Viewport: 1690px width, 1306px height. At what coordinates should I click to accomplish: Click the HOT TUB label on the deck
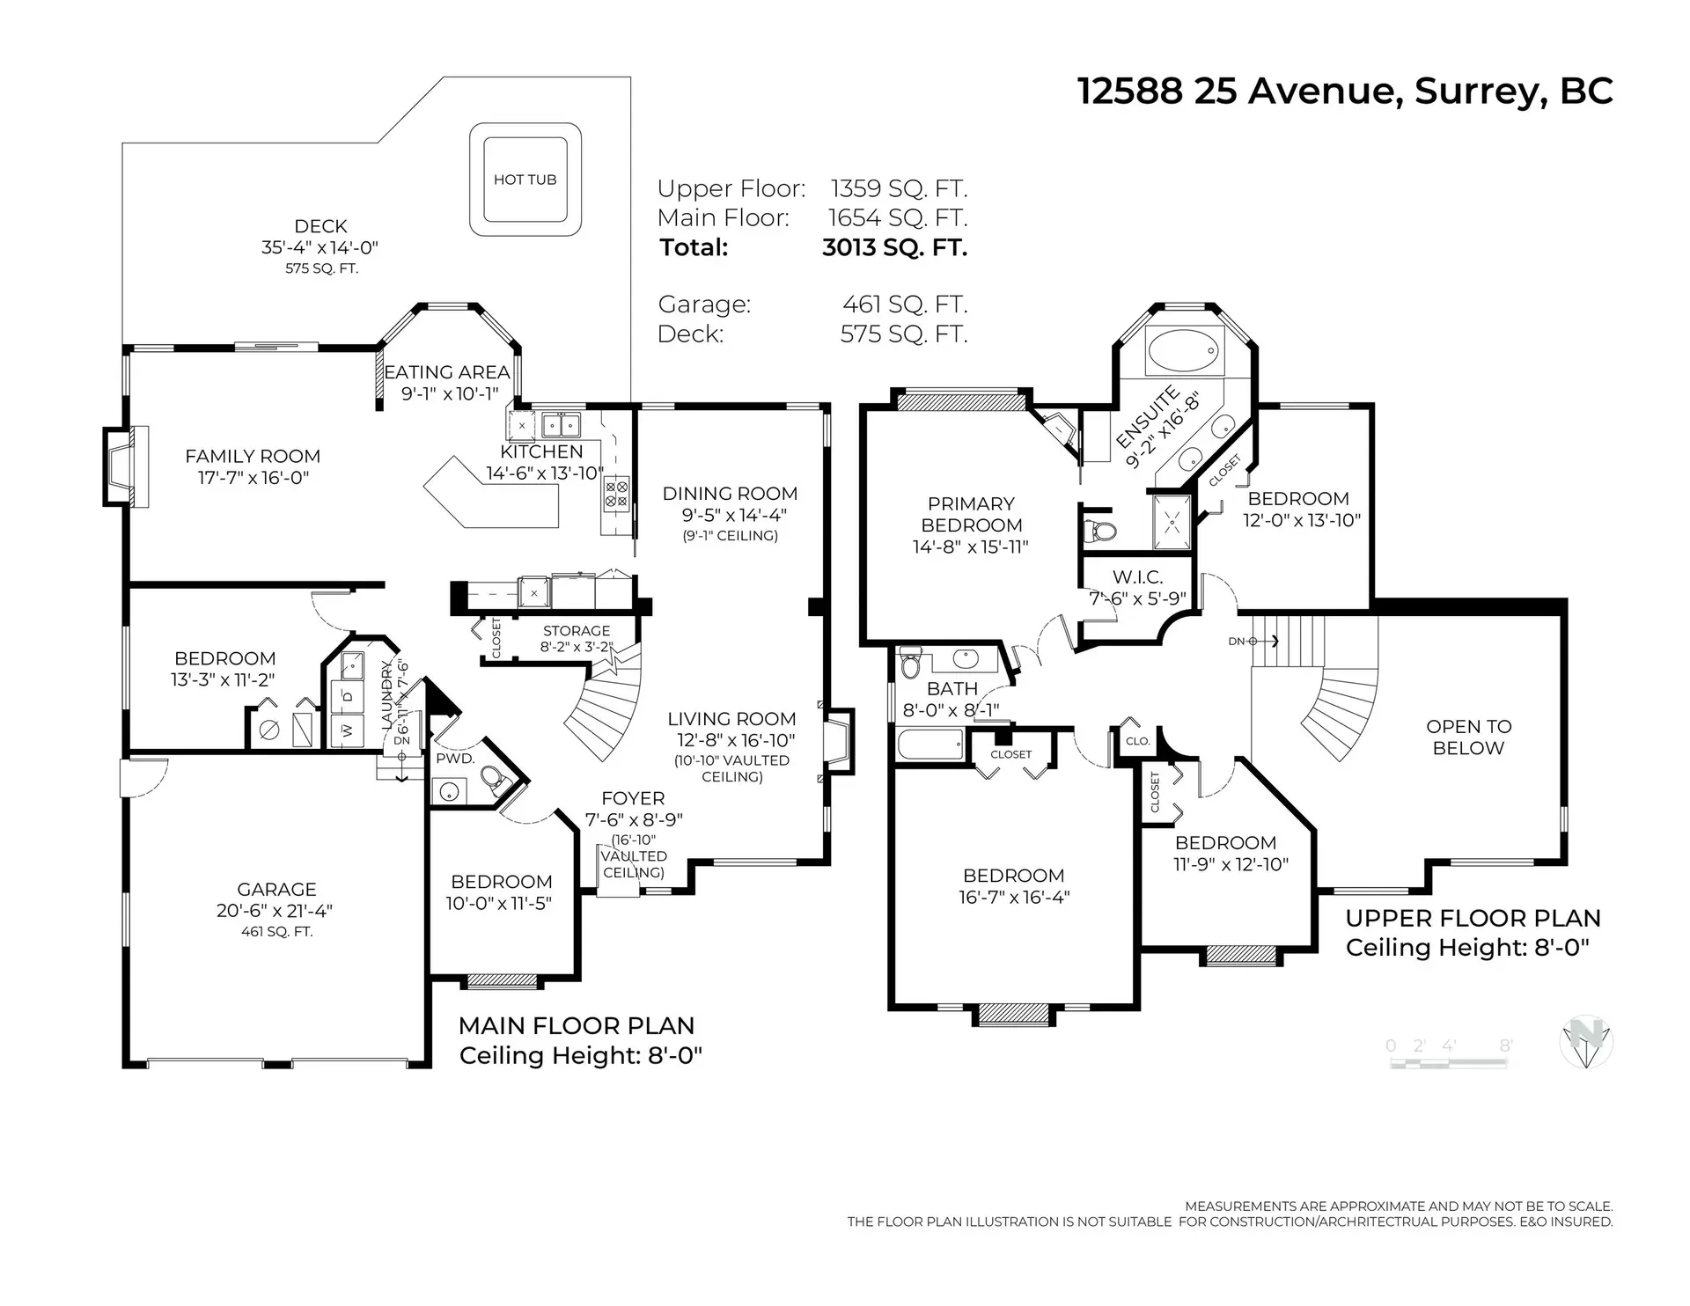coord(525,180)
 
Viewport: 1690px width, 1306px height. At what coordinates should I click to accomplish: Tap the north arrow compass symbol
coord(1586,1042)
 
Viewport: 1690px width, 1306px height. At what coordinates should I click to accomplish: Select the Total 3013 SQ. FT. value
coord(894,247)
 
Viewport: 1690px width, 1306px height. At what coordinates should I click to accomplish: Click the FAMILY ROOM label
coord(253,456)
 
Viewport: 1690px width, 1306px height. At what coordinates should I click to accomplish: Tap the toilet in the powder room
coord(496,779)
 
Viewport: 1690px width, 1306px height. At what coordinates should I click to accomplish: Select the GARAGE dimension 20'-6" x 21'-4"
coord(276,911)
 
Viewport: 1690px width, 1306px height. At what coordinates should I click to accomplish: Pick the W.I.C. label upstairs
coord(1137,577)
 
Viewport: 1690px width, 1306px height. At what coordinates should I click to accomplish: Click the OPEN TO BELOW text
coord(1468,737)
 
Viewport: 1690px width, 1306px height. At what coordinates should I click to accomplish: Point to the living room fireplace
coord(838,741)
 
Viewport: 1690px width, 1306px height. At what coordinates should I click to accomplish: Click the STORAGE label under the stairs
coord(577,631)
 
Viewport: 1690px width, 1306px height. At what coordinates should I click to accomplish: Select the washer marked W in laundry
coord(347,730)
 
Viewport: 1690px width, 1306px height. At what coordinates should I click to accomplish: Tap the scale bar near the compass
coord(1449,1063)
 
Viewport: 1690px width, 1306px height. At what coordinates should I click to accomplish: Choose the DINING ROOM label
coord(730,494)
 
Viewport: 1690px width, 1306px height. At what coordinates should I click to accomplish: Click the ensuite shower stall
coord(1172,522)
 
